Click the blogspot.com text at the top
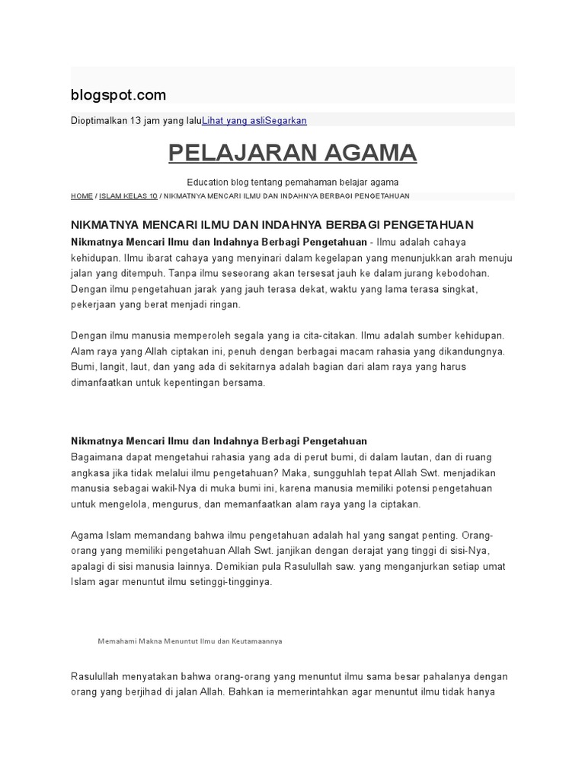(x=118, y=94)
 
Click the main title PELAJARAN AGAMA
(x=292, y=153)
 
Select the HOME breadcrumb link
(x=82, y=196)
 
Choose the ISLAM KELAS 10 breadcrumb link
(x=128, y=196)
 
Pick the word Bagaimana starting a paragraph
(x=97, y=456)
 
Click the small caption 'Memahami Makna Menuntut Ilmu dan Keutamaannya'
(x=190, y=641)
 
